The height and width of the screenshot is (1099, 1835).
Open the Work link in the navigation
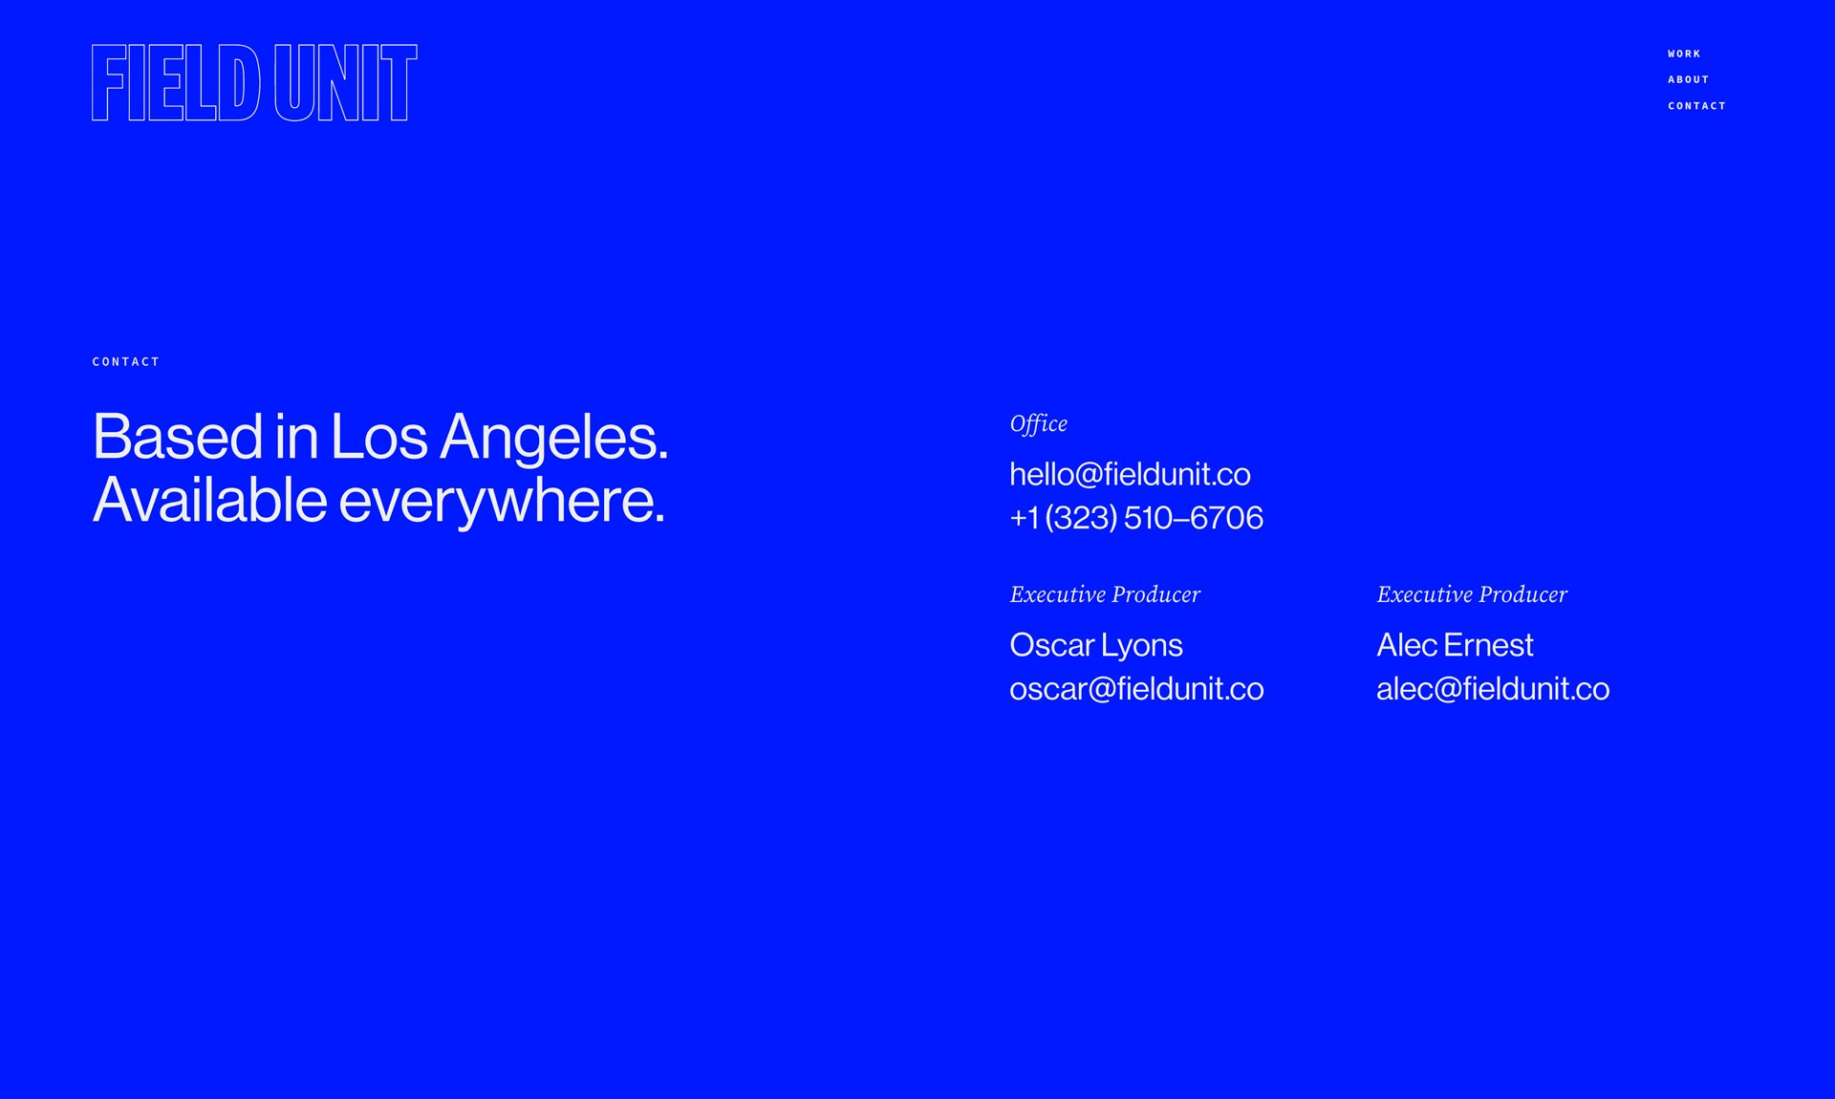[1684, 54]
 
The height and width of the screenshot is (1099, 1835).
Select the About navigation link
[1689, 79]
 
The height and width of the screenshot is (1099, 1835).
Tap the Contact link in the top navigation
[1697, 106]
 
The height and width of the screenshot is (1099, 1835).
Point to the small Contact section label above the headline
[126, 361]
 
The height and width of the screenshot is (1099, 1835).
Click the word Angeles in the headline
[553, 438]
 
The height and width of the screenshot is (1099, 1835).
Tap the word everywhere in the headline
[502, 501]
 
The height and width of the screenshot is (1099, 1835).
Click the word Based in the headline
[178, 437]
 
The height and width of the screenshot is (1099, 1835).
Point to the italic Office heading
[1039, 423]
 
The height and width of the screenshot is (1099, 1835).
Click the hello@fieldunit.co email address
[1131, 474]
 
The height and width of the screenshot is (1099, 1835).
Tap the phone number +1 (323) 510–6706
[1137, 517]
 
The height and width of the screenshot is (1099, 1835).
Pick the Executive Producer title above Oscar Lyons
[1106, 594]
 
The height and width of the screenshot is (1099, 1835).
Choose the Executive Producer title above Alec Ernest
[1473, 594]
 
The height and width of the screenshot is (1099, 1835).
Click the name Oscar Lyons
[1096, 645]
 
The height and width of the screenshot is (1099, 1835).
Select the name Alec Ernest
[1456, 645]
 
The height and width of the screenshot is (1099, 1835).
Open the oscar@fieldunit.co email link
[1137, 688]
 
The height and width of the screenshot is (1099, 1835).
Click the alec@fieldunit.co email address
[1494, 688]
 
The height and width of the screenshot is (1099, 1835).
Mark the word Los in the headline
[379, 437]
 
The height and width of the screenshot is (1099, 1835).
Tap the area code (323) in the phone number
[1082, 517]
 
